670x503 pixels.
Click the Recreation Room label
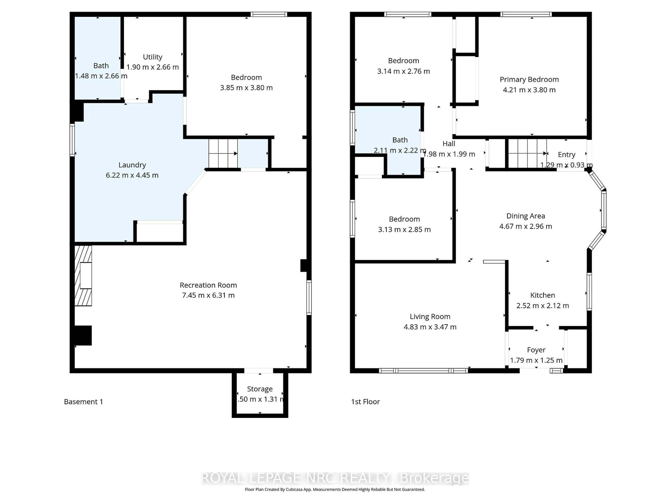click(208, 285)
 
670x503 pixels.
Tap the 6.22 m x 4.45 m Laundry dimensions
click(132, 175)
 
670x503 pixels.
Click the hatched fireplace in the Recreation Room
click(83, 275)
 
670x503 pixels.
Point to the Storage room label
click(260, 389)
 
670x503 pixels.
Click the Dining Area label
click(526, 216)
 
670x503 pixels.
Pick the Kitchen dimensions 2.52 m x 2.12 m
click(542, 306)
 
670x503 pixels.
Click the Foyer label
click(536, 350)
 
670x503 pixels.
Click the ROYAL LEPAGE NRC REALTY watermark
click(335, 478)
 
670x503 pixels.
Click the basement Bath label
click(101, 66)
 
